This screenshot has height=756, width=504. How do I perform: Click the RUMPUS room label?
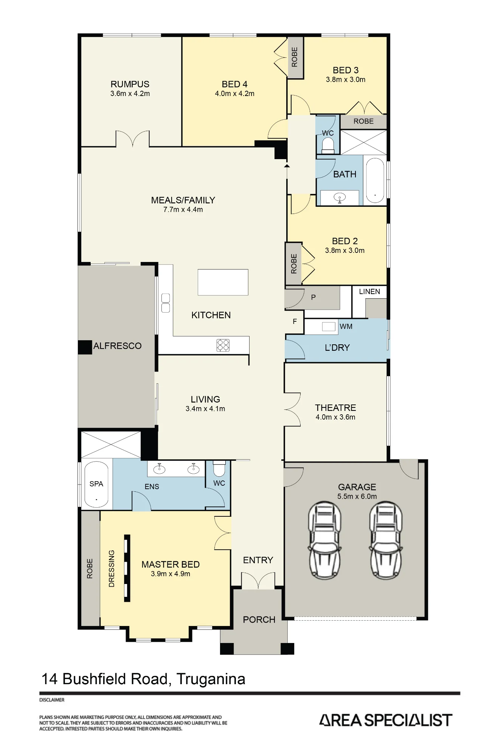(130, 84)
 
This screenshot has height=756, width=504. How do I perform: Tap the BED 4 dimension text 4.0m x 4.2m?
(234, 94)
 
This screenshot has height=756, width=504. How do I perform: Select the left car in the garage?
(325, 540)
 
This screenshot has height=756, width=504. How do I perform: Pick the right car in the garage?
(386, 540)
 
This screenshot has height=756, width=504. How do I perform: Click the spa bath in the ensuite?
(96, 484)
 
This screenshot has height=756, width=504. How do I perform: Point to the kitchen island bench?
(223, 282)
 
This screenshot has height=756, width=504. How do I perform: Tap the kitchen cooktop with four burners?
(223, 345)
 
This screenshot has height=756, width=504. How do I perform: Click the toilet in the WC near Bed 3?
(328, 145)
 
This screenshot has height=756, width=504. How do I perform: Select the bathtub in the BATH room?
(375, 180)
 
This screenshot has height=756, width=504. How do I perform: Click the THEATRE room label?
(335, 408)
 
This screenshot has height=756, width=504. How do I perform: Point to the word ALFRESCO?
(117, 346)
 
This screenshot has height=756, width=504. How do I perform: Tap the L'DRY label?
(337, 347)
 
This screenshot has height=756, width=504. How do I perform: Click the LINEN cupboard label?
(369, 291)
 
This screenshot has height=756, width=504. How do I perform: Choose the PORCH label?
(259, 620)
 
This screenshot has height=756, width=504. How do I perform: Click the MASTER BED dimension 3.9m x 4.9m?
(171, 574)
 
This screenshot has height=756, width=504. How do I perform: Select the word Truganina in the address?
(211, 679)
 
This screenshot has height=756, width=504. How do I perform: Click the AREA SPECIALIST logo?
(386, 720)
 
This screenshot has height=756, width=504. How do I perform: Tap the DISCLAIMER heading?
(52, 700)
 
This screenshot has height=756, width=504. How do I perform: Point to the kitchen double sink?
(166, 303)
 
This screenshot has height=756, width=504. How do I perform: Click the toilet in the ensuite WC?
(219, 468)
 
